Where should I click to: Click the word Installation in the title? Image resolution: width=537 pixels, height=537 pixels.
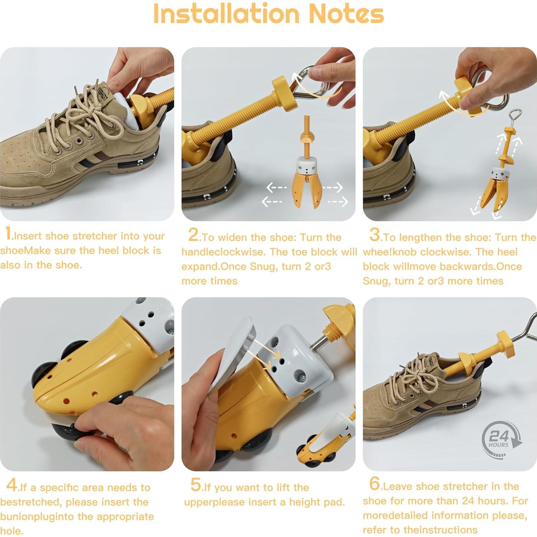pyautogui.click(x=226, y=14)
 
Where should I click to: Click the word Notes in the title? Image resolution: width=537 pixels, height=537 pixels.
pyautogui.click(x=346, y=14)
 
